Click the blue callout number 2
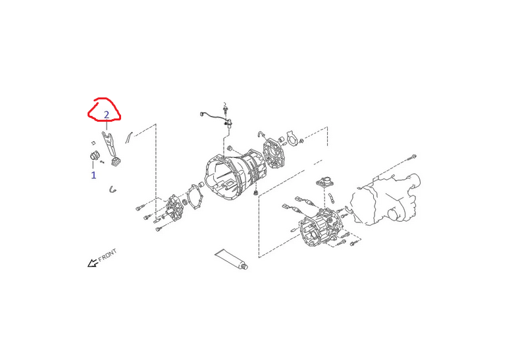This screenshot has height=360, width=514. coord(107,115)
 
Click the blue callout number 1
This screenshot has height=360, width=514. coord(93,175)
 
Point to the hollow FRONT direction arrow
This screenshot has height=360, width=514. coord(92,263)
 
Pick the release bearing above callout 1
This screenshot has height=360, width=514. coord(93,156)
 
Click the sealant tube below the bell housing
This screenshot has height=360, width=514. coord(230,259)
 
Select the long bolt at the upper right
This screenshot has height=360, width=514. coord(413,157)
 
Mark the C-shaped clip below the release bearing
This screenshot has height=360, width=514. coord(113,190)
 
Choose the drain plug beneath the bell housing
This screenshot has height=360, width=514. coord(255,193)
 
